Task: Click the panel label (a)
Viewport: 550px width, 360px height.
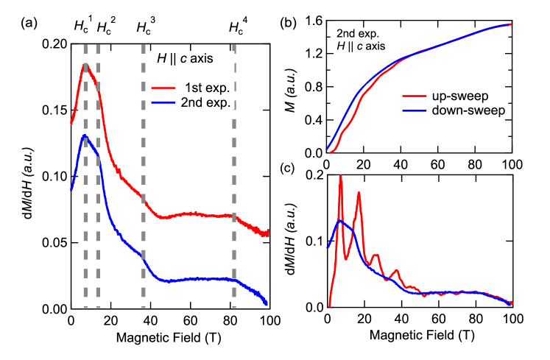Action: [28, 24]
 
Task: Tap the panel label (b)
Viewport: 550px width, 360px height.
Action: [287, 24]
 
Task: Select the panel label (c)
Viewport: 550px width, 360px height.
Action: [287, 169]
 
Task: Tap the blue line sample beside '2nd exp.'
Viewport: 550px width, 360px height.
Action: [163, 102]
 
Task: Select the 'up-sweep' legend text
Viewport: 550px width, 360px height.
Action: [460, 96]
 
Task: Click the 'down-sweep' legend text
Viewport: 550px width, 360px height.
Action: [468, 110]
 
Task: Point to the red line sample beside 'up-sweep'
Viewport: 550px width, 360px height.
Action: [415, 96]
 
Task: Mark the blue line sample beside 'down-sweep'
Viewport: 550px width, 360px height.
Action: [415, 110]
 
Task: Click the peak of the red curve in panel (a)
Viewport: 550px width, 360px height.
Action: [85, 65]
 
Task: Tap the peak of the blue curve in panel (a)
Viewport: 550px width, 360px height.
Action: [85, 135]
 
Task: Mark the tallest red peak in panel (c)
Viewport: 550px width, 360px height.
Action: [341, 176]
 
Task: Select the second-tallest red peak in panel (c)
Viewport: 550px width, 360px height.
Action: [359, 193]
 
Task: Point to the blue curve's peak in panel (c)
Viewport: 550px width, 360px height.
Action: [342, 220]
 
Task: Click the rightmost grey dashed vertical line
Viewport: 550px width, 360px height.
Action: [235, 184]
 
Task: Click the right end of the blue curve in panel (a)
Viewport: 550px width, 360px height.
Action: [267, 303]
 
